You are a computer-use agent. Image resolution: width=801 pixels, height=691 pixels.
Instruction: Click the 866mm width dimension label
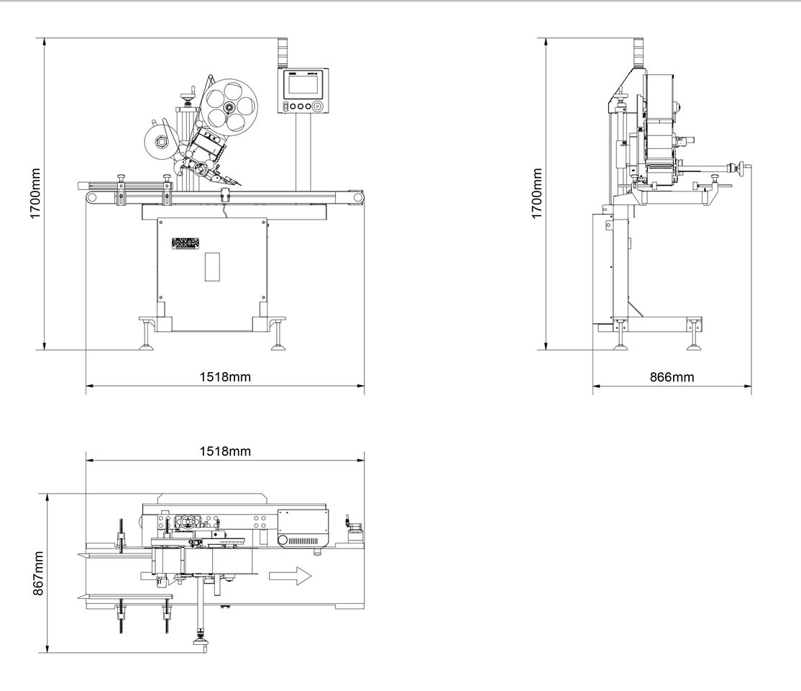[673, 376]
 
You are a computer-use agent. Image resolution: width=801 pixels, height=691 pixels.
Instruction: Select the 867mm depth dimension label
[39, 573]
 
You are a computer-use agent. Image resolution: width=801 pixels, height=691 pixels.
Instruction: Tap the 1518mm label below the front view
[225, 376]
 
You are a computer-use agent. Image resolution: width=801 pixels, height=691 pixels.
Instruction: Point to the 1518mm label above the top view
[225, 451]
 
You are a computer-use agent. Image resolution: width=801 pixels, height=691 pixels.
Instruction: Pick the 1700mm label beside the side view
[536, 194]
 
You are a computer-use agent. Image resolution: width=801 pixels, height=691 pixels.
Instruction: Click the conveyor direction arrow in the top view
[290, 576]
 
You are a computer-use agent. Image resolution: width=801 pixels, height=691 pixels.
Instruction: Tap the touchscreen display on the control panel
[303, 86]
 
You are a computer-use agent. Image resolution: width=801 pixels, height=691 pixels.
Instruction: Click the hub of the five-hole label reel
[228, 108]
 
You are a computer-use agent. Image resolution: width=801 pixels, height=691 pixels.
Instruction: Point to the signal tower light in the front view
[283, 50]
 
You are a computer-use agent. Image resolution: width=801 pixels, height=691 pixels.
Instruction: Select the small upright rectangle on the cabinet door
[211, 266]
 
